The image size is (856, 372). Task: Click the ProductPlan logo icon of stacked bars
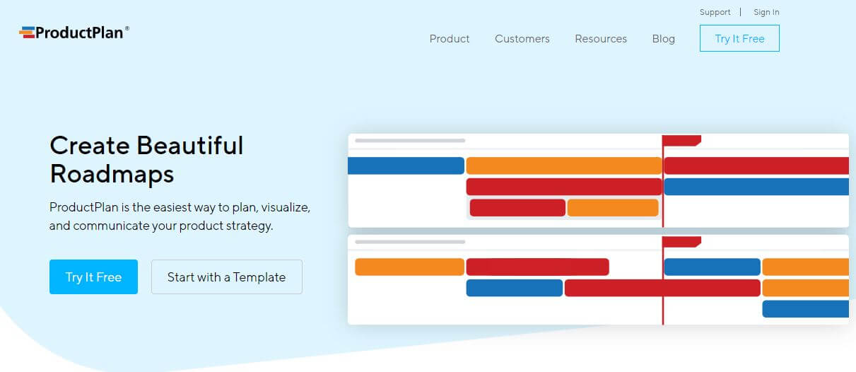click(x=27, y=32)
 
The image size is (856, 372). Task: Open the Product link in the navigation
click(x=450, y=39)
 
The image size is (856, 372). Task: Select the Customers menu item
click(x=522, y=39)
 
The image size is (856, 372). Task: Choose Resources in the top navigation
click(x=601, y=39)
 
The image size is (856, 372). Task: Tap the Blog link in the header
click(x=663, y=39)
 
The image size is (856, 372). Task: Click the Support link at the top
click(x=715, y=12)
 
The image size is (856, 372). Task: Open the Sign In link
click(x=766, y=12)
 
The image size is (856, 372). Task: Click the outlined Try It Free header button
click(x=739, y=39)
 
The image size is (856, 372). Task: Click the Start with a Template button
click(x=226, y=277)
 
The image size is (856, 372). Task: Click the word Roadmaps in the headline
click(x=112, y=173)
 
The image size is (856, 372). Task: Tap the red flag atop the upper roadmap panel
click(x=682, y=140)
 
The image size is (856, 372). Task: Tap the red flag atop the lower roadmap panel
click(x=682, y=241)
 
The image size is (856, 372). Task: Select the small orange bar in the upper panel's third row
click(x=613, y=208)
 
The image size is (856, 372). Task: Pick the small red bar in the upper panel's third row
click(x=517, y=208)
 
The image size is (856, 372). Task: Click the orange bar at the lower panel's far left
click(x=409, y=267)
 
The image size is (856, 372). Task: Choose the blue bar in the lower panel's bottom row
click(x=805, y=309)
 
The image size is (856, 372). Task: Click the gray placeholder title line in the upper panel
click(x=410, y=141)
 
